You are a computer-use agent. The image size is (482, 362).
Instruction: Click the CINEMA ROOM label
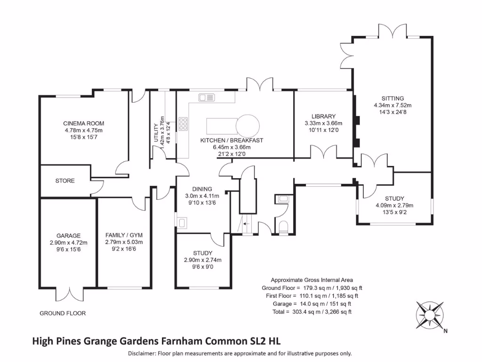pos(83,123)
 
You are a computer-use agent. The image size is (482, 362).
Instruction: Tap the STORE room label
pos(65,181)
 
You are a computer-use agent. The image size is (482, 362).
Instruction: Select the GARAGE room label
pos(68,236)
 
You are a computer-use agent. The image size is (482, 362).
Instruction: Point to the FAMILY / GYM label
pos(124,235)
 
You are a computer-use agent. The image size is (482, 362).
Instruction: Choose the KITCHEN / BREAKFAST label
pos(231,140)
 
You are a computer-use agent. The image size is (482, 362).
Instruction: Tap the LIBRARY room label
pos(323,116)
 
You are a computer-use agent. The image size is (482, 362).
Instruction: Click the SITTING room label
pos(393,99)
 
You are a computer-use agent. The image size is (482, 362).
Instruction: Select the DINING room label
pos(201,189)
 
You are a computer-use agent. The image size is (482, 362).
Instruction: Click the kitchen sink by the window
pos(206,98)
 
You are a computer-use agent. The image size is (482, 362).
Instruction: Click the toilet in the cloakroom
pos(283,227)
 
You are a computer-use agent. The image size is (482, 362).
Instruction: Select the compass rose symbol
pos(430,314)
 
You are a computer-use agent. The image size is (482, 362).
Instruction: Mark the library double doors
pos(322,153)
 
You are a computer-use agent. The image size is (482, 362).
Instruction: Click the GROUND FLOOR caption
pos(63,313)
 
